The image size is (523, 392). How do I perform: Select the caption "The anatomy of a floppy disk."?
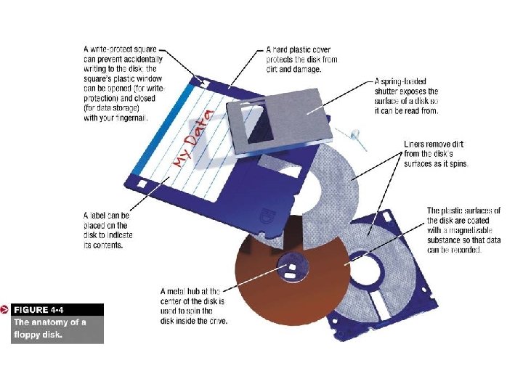(49, 329)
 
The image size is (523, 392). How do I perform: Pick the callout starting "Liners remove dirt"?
(437, 154)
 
